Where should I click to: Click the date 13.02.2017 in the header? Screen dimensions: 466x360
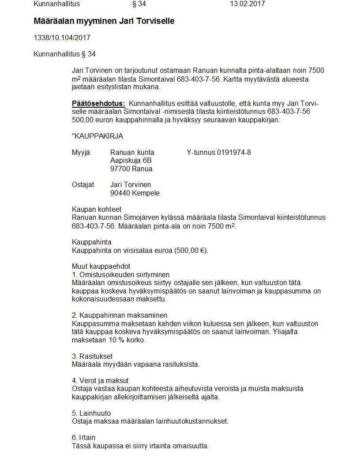click(x=247, y=4)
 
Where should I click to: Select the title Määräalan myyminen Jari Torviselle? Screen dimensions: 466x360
click(x=104, y=21)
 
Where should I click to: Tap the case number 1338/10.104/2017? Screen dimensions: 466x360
click(x=62, y=38)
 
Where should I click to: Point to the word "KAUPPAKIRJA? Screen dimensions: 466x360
click(x=97, y=136)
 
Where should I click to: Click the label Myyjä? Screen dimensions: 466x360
click(x=81, y=153)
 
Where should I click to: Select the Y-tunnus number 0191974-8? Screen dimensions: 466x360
click(x=234, y=153)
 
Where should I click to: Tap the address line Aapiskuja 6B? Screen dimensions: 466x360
click(x=131, y=161)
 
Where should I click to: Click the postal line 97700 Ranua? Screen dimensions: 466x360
click(x=131, y=169)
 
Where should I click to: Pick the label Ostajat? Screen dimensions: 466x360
click(x=83, y=185)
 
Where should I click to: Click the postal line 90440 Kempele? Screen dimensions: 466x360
click(x=135, y=193)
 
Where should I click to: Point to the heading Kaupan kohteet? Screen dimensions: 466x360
click(x=97, y=210)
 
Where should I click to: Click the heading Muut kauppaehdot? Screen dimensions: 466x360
click(x=101, y=267)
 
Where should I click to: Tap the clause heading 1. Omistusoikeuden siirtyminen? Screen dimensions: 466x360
click(x=121, y=274)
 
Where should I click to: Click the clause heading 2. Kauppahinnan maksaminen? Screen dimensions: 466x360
click(x=120, y=316)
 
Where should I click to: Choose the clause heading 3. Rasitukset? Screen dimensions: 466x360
click(x=92, y=356)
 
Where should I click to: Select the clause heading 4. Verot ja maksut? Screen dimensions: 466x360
click(x=100, y=380)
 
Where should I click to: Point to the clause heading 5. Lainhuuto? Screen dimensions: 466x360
click(x=91, y=413)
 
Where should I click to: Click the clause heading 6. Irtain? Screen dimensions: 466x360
click(x=84, y=438)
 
